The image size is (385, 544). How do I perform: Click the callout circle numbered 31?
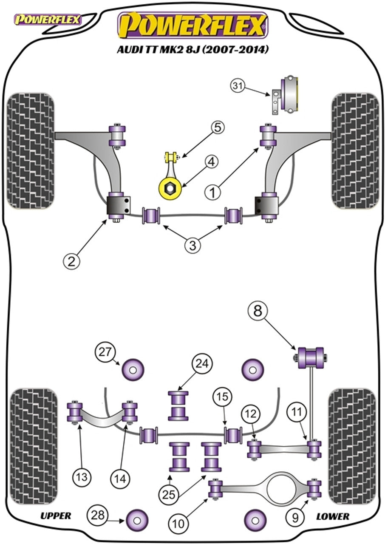point(237,86)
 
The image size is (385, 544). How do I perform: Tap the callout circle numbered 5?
point(217,127)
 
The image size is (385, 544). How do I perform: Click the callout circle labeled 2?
point(71,260)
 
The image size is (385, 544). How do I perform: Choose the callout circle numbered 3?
point(193,245)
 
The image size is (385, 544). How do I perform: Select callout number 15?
point(224,397)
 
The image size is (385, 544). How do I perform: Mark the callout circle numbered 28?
point(97,515)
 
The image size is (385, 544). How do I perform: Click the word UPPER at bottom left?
point(56,516)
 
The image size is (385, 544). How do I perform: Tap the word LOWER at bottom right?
point(333,516)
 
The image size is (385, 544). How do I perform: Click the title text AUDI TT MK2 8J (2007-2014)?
point(193,50)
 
